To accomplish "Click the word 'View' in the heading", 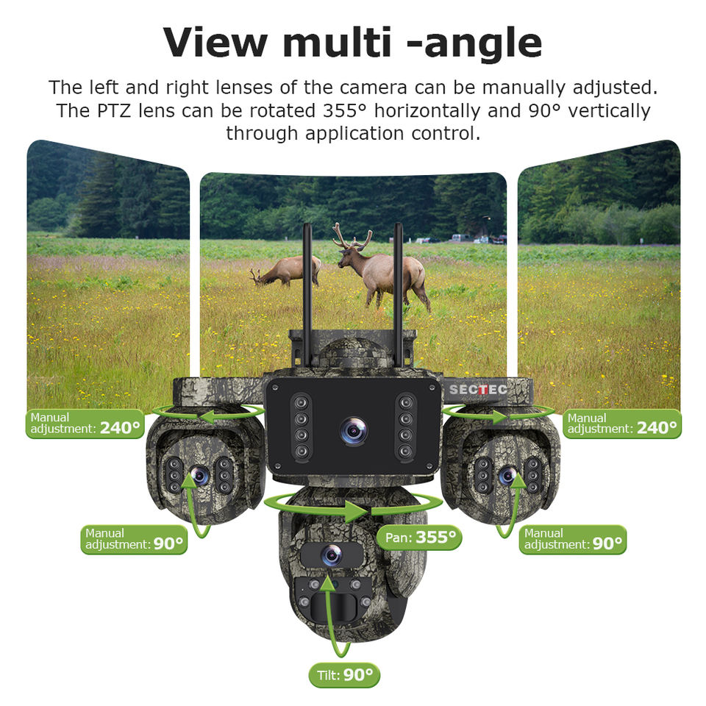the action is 215,43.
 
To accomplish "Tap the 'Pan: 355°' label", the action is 419,537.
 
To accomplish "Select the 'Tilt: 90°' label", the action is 344,675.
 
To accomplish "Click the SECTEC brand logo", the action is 478,390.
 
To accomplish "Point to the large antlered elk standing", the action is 382,268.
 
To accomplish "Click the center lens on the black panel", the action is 354,431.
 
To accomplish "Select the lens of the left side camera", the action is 199,475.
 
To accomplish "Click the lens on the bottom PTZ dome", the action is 332,555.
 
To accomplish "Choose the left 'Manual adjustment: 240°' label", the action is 85,424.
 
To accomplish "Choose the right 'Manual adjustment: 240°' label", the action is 622,424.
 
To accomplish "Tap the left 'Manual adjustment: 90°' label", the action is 134,539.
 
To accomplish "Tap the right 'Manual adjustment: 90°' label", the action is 573,539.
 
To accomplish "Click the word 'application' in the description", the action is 354,134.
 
